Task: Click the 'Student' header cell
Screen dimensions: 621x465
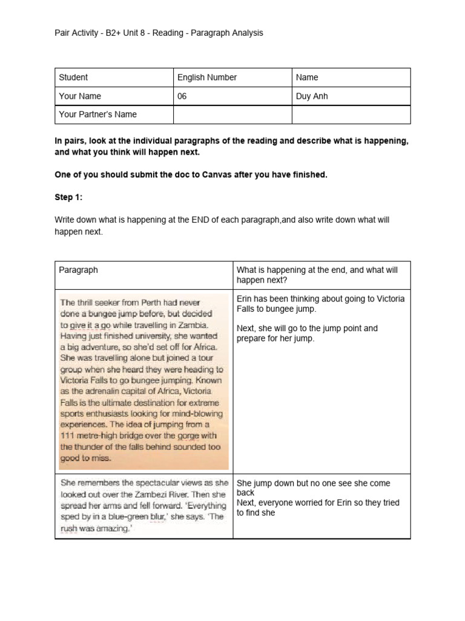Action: click(x=73, y=78)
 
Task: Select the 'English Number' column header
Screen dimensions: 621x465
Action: click(x=206, y=78)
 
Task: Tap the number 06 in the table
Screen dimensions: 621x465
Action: click(x=182, y=96)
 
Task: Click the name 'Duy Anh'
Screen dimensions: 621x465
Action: click(x=312, y=96)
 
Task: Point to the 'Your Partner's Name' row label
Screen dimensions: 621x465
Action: click(x=97, y=114)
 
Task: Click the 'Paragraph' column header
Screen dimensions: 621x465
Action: click(x=78, y=270)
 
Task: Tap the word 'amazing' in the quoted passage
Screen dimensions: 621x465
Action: click(x=116, y=527)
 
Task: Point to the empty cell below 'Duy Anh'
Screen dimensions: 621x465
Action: click(x=351, y=114)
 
